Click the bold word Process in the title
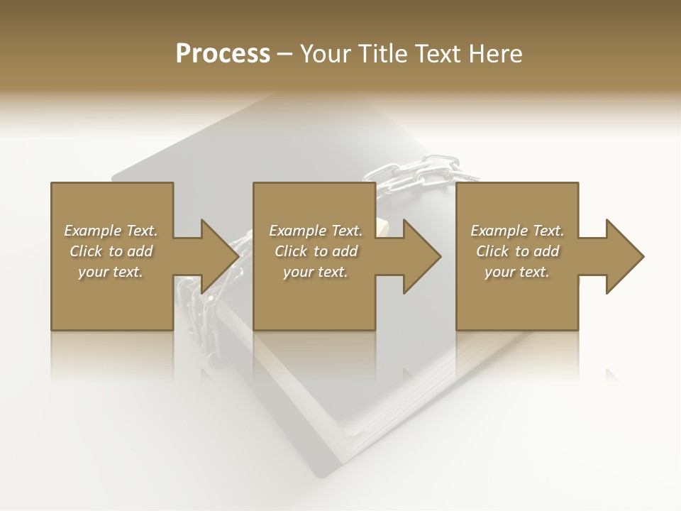[x=223, y=54]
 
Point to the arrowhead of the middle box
[x=421, y=256]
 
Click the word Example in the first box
[x=93, y=231]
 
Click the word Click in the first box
[x=86, y=251]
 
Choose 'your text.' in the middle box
[x=316, y=272]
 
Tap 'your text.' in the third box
[x=517, y=272]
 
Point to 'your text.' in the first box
[x=111, y=272]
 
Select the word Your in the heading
[x=326, y=54]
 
